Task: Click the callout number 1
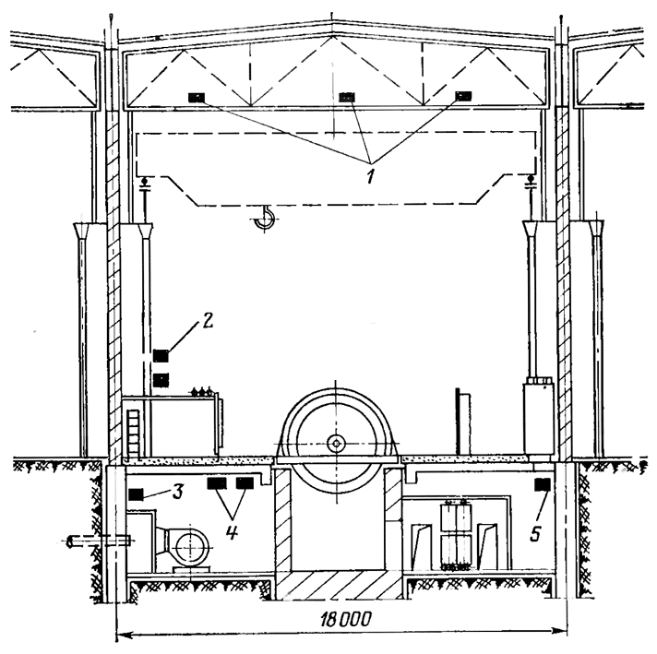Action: (370, 176)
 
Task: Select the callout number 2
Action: (208, 320)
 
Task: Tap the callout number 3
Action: (178, 492)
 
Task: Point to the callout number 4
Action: (232, 532)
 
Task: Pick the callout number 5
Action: (535, 534)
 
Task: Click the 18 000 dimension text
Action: (346, 619)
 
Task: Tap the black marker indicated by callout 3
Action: (137, 494)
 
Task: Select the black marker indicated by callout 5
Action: (543, 485)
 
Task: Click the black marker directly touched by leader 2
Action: (161, 356)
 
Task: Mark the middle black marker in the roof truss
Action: (347, 97)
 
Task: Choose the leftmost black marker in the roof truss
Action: (197, 98)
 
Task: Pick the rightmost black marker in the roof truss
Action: (463, 96)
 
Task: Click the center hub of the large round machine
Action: (336, 444)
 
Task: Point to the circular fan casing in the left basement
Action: (192, 546)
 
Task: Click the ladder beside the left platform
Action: (133, 434)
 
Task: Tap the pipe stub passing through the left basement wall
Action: (99, 541)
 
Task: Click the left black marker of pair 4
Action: (217, 483)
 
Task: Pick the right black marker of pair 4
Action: (245, 483)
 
